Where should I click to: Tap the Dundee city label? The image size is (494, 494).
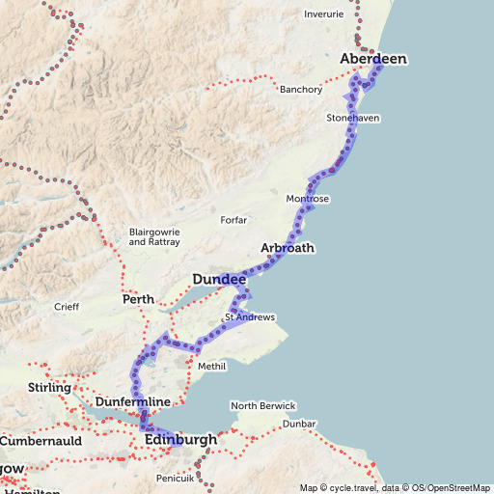[x=219, y=280]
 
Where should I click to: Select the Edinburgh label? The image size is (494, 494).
[x=180, y=440]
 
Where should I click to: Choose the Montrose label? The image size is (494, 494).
[x=308, y=199]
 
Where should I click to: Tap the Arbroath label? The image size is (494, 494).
[x=288, y=248]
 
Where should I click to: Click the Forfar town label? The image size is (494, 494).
[x=233, y=220]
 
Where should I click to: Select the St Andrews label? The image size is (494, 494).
[x=251, y=317]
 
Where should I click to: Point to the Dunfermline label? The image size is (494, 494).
[x=133, y=401]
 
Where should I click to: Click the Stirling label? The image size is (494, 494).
[x=51, y=388]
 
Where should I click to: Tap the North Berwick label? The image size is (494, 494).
[x=262, y=406]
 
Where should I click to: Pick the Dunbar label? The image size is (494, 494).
[x=300, y=424]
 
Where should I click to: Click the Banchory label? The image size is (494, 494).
[x=300, y=90]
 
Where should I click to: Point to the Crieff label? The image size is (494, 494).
[x=67, y=307]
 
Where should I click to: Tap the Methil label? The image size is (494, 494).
[x=211, y=367]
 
